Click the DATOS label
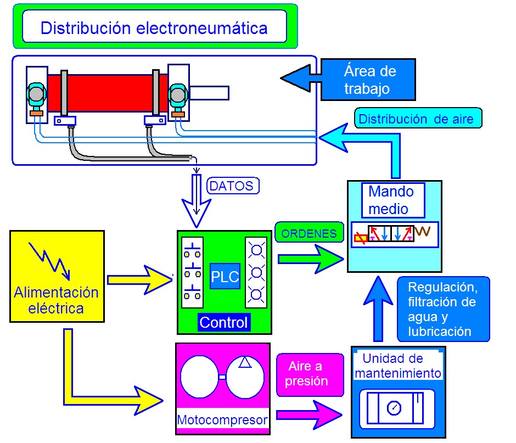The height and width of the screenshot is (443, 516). (233, 186)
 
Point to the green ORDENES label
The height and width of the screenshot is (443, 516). (309, 233)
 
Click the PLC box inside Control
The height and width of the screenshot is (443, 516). (225, 277)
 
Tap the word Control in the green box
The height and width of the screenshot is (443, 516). (224, 322)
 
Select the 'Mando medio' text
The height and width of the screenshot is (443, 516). (390, 200)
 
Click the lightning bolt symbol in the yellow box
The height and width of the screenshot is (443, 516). (49, 259)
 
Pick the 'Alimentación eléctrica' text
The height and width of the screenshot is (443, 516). (57, 300)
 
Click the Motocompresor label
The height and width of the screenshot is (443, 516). (222, 420)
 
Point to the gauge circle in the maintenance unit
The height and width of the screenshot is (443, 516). (394, 408)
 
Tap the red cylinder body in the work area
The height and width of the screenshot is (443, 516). (104, 93)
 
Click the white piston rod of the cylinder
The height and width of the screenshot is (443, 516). (209, 93)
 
